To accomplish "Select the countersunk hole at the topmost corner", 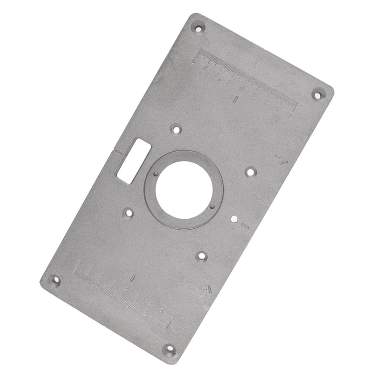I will pos(198,28).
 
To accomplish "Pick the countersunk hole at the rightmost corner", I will pos(318,95).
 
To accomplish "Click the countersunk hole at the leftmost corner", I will pos(54,281).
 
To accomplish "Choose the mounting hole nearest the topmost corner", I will pos(177,130).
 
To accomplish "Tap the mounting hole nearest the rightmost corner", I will pos(251,172).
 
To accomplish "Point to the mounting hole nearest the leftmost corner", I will pos(128,213).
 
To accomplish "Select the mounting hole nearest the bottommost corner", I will pos(201,256).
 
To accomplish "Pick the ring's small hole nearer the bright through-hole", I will pos(212,207).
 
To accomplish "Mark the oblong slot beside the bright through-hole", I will pos(245,226).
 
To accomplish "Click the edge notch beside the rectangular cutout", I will pos(117,152).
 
